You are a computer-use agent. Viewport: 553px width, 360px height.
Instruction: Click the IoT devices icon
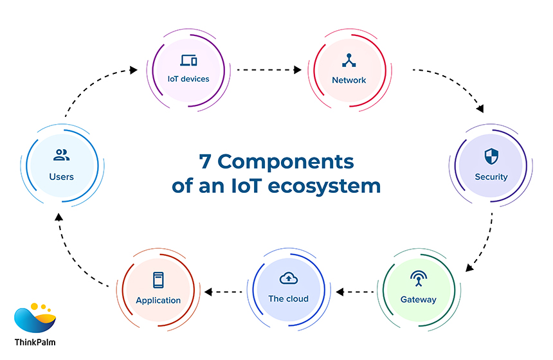(188, 61)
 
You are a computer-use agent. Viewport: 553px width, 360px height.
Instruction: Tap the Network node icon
(349, 60)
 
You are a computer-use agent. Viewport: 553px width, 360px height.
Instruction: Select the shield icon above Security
(491, 156)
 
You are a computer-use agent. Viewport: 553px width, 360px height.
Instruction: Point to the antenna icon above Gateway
(419, 278)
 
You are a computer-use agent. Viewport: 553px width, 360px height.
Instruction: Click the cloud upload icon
(288, 278)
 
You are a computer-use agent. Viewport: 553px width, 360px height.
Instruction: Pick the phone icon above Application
(158, 280)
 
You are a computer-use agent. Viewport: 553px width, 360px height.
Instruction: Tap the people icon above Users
(61, 155)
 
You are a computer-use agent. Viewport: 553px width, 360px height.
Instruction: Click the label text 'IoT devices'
(188, 80)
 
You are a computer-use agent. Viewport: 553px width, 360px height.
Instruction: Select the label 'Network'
(349, 80)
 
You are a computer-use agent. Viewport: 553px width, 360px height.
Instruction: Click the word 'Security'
(491, 177)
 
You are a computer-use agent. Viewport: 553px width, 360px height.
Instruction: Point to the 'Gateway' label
(419, 300)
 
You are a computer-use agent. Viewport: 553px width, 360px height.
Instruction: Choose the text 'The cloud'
(288, 299)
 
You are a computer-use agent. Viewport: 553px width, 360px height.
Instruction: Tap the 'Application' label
(158, 300)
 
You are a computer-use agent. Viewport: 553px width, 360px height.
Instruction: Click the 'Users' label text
(61, 177)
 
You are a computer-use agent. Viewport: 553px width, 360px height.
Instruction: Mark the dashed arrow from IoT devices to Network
(269, 67)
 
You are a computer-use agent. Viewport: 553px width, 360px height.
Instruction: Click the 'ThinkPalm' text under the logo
(35, 342)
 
